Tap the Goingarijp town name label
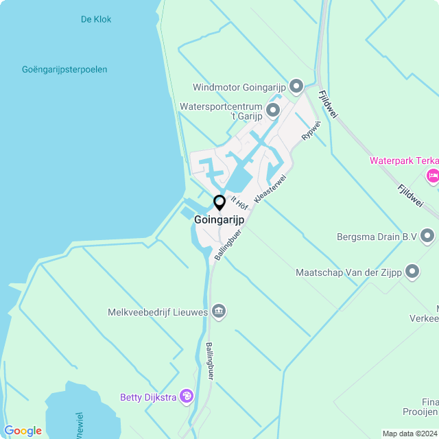(x=219, y=220)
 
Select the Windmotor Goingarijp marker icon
(x=296, y=86)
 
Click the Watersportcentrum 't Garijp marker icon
(x=273, y=110)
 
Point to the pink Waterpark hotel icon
(x=433, y=176)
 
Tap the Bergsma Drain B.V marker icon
(x=428, y=237)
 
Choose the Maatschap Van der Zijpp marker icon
(x=412, y=272)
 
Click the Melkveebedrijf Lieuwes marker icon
(x=219, y=312)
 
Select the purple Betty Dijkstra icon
(x=187, y=396)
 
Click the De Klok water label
(x=95, y=19)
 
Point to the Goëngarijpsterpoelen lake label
(x=64, y=69)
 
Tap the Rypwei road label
(x=311, y=130)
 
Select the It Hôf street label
(x=239, y=202)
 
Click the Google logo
(x=23, y=431)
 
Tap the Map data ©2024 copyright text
(x=410, y=434)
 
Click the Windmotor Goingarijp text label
(x=239, y=87)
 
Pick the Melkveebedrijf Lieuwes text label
(x=158, y=312)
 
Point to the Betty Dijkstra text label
(x=147, y=396)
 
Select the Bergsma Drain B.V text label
(x=377, y=237)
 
